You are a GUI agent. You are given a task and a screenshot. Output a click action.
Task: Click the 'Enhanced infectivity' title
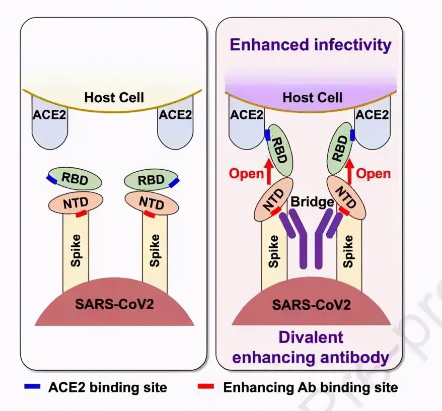(310, 45)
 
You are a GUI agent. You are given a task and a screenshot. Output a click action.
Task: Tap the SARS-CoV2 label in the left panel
(113, 304)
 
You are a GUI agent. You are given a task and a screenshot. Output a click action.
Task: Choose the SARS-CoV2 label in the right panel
(311, 304)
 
